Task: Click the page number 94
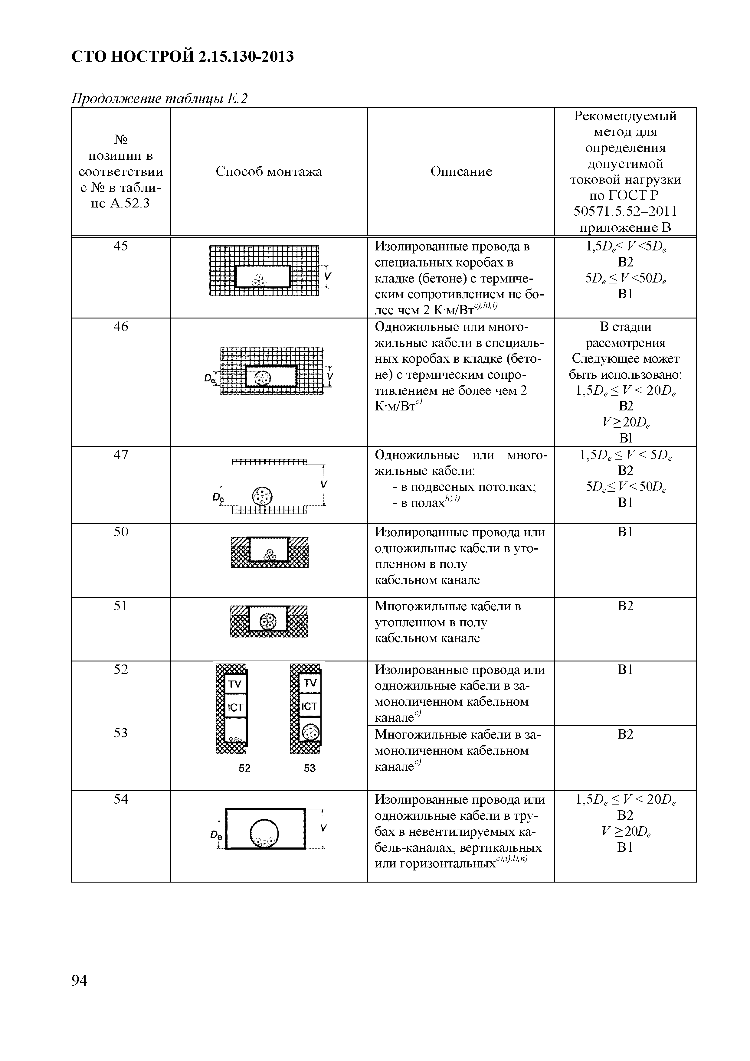click(80, 980)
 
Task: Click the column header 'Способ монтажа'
click(268, 171)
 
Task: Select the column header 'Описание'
click(461, 171)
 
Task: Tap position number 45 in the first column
click(121, 246)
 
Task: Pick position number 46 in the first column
click(121, 327)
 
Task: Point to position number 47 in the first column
click(121, 455)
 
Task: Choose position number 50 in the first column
click(121, 532)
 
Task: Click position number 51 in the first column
click(121, 606)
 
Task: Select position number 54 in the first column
click(121, 799)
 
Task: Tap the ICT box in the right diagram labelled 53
click(309, 706)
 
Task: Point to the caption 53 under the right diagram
click(309, 768)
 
